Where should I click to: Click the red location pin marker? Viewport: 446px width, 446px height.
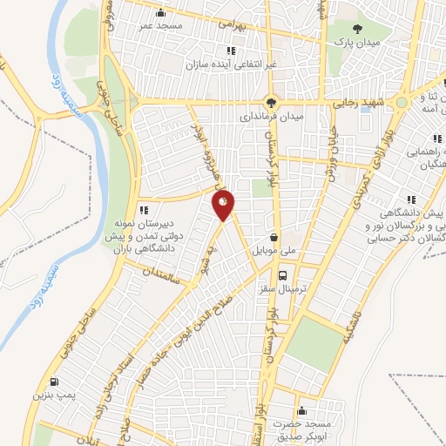[x=224, y=206]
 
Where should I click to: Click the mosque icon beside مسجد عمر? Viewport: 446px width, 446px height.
[x=160, y=12]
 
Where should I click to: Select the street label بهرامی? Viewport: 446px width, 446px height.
[x=235, y=28]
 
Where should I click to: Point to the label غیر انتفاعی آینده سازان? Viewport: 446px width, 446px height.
[x=222, y=65]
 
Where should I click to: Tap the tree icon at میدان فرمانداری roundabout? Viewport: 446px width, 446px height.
[x=272, y=101]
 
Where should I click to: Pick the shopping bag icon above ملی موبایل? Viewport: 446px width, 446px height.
[x=274, y=236]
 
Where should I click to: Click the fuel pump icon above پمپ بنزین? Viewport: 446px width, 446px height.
[x=56, y=382]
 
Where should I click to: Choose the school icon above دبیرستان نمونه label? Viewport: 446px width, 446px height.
[x=144, y=209]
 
